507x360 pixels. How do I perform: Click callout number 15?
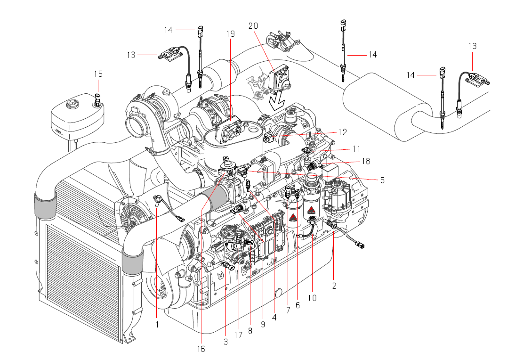pos(98,74)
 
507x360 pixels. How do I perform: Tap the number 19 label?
pos(230,34)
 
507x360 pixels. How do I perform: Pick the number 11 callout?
pos(356,149)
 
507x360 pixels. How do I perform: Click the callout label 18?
pos(366,161)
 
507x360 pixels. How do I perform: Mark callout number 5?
pos(382,180)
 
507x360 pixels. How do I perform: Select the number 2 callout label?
pos(334,285)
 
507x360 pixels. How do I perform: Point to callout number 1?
pos(157,325)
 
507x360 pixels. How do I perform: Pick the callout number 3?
pos(226,341)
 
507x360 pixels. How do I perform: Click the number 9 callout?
pos(263,324)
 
